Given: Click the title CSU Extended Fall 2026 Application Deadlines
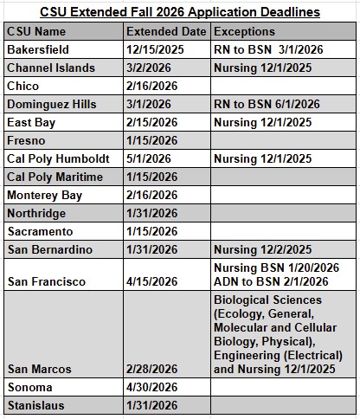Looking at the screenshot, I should click(180, 12).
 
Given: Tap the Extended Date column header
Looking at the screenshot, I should click(165, 31).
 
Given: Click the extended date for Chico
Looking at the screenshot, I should click(151, 86).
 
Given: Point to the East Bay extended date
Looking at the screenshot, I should click(151, 122).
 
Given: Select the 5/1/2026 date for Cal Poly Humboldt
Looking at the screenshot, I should click(148, 158).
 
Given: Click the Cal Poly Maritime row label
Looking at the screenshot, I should click(55, 177).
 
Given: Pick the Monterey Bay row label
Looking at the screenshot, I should click(44, 195).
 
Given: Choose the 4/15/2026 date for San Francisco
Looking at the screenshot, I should click(151, 281).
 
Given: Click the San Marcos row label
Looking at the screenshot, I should click(39, 368).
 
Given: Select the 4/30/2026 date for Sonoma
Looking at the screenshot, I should click(151, 386).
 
